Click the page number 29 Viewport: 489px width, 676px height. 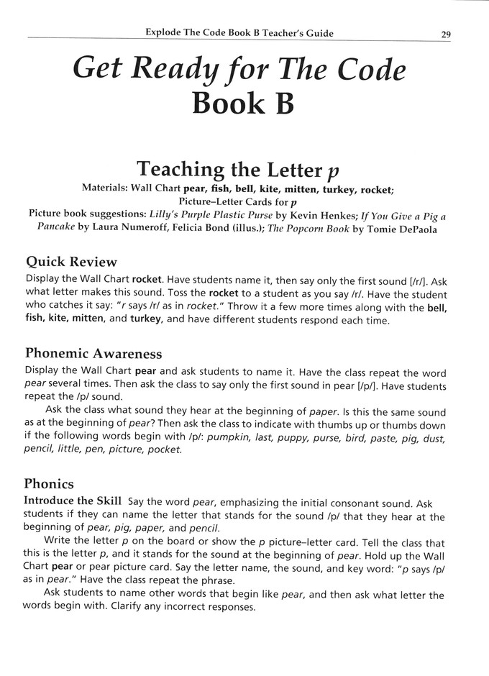(446, 34)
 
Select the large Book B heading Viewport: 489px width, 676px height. (242, 103)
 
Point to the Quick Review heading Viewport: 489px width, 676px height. (71, 262)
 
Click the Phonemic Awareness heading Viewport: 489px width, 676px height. (93, 354)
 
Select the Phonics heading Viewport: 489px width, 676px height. (50, 484)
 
